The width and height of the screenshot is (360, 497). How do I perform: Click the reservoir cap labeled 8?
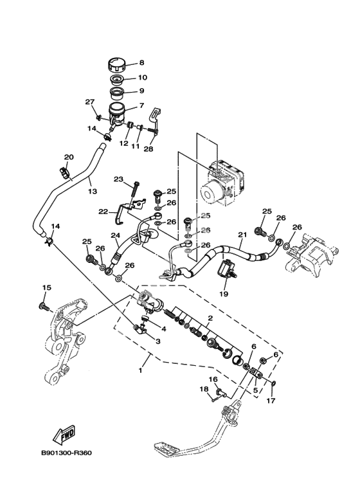click(x=116, y=66)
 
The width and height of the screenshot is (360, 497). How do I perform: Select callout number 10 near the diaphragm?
click(x=142, y=78)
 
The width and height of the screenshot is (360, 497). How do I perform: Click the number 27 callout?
click(x=90, y=102)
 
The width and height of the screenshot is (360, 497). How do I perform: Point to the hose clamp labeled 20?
click(x=64, y=173)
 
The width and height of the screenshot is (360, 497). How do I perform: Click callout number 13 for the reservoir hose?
click(x=93, y=191)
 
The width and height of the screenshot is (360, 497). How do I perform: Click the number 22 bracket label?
click(x=103, y=212)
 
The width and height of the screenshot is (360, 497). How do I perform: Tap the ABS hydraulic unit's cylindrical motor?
click(x=211, y=194)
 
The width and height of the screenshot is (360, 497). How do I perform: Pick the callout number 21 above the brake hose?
click(x=242, y=235)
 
